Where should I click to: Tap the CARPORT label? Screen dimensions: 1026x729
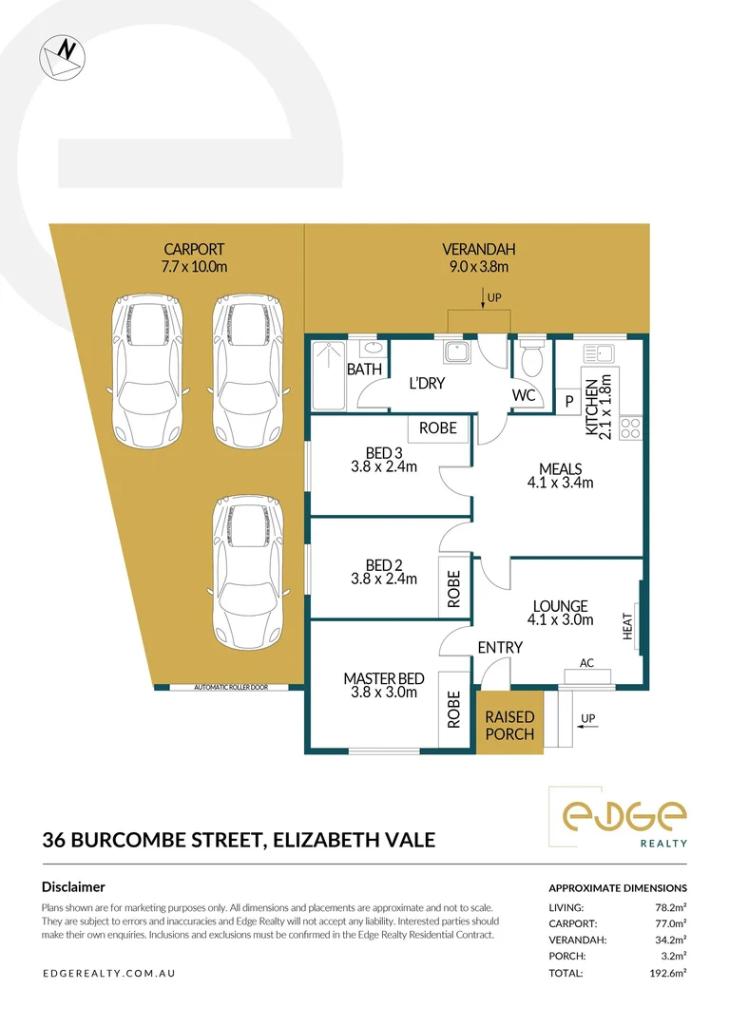point(194,250)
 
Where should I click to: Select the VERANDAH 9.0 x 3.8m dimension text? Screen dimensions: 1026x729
point(478,267)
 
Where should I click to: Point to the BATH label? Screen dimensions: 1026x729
point(364,369)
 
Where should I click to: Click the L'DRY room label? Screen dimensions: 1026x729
point(427,384)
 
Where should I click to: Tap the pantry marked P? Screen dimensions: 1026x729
point(569,401)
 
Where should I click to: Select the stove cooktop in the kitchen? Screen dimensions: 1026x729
point(630,427)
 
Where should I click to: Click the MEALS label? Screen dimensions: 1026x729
point(560,468)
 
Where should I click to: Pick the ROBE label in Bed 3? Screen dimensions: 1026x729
point(438,427)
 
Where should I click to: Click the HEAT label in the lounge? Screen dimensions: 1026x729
point(627,625)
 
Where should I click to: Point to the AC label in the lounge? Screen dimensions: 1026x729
point(586,663)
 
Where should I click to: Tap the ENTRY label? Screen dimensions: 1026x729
point(500,648)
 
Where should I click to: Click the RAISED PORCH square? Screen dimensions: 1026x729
point(509,726)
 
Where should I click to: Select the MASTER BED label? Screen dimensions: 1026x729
point(383,678)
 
